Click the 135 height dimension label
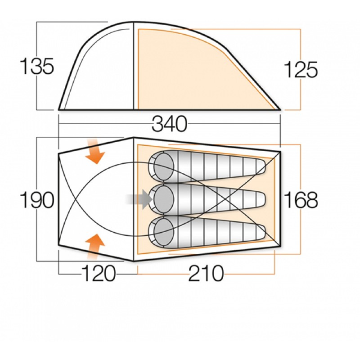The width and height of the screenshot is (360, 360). [37, 66]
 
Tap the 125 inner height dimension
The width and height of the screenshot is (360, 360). [301, 69]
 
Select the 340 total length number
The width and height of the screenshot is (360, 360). [170, 124]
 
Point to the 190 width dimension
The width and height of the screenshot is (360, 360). [37, 200]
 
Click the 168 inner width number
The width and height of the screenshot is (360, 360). [301, 200]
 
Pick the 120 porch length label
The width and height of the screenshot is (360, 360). [99, 273]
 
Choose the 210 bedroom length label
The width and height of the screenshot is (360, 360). [206, 273]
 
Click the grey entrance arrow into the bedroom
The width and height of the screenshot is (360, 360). [139, 199]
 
